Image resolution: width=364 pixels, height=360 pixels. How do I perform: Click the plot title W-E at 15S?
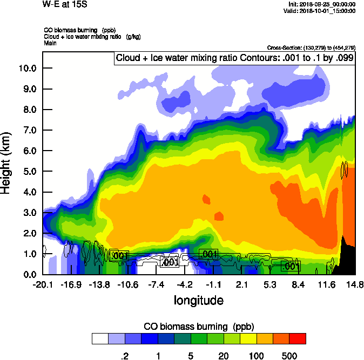65,5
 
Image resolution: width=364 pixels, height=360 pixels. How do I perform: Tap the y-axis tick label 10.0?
26,68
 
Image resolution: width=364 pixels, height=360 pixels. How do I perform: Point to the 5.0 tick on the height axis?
28,172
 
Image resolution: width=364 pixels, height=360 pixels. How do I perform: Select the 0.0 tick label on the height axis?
28,275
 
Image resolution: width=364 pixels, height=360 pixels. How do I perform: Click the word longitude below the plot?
198,300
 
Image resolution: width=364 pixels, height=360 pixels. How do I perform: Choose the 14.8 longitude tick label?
354,284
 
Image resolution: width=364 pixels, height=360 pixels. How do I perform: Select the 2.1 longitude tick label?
241,284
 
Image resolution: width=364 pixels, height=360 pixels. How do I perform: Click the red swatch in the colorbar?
298,338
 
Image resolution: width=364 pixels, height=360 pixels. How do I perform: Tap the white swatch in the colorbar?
100,338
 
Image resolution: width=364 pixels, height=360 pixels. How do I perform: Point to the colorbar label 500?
289,356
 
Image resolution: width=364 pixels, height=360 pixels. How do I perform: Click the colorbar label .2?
125,356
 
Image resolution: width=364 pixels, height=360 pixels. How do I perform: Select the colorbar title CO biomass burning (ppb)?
198,327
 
